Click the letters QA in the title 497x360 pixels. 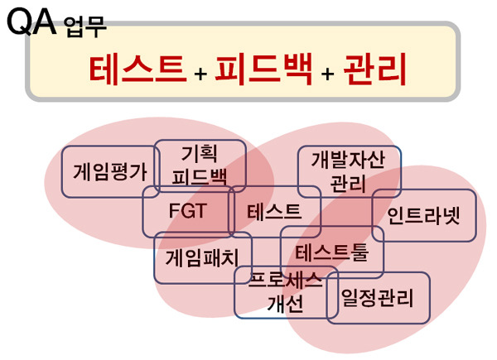point(31,22)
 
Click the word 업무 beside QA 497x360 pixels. point(85,27)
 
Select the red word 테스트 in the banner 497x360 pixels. point(138,70)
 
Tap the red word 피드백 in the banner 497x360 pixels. point(263,70)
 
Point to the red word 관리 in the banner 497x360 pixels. point(375,70)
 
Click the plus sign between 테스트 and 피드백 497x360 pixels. point(200,74)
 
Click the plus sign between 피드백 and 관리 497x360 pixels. point(327,74)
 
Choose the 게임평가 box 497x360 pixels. point(110,172)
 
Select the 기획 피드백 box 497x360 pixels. point(200,166)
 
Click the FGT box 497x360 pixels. point(188,211)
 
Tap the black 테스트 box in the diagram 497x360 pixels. point(274,212)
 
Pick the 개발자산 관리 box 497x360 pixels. point(349,171)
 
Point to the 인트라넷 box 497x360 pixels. point(424,215)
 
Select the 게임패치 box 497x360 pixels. point(203,257)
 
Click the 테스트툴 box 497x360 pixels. point(332,252)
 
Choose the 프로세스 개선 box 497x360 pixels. point(287,292)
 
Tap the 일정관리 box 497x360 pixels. point(378,298)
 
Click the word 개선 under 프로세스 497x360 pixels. point(286,305)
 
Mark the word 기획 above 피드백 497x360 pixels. point(200,154)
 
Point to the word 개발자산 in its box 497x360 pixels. point(349,160)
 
